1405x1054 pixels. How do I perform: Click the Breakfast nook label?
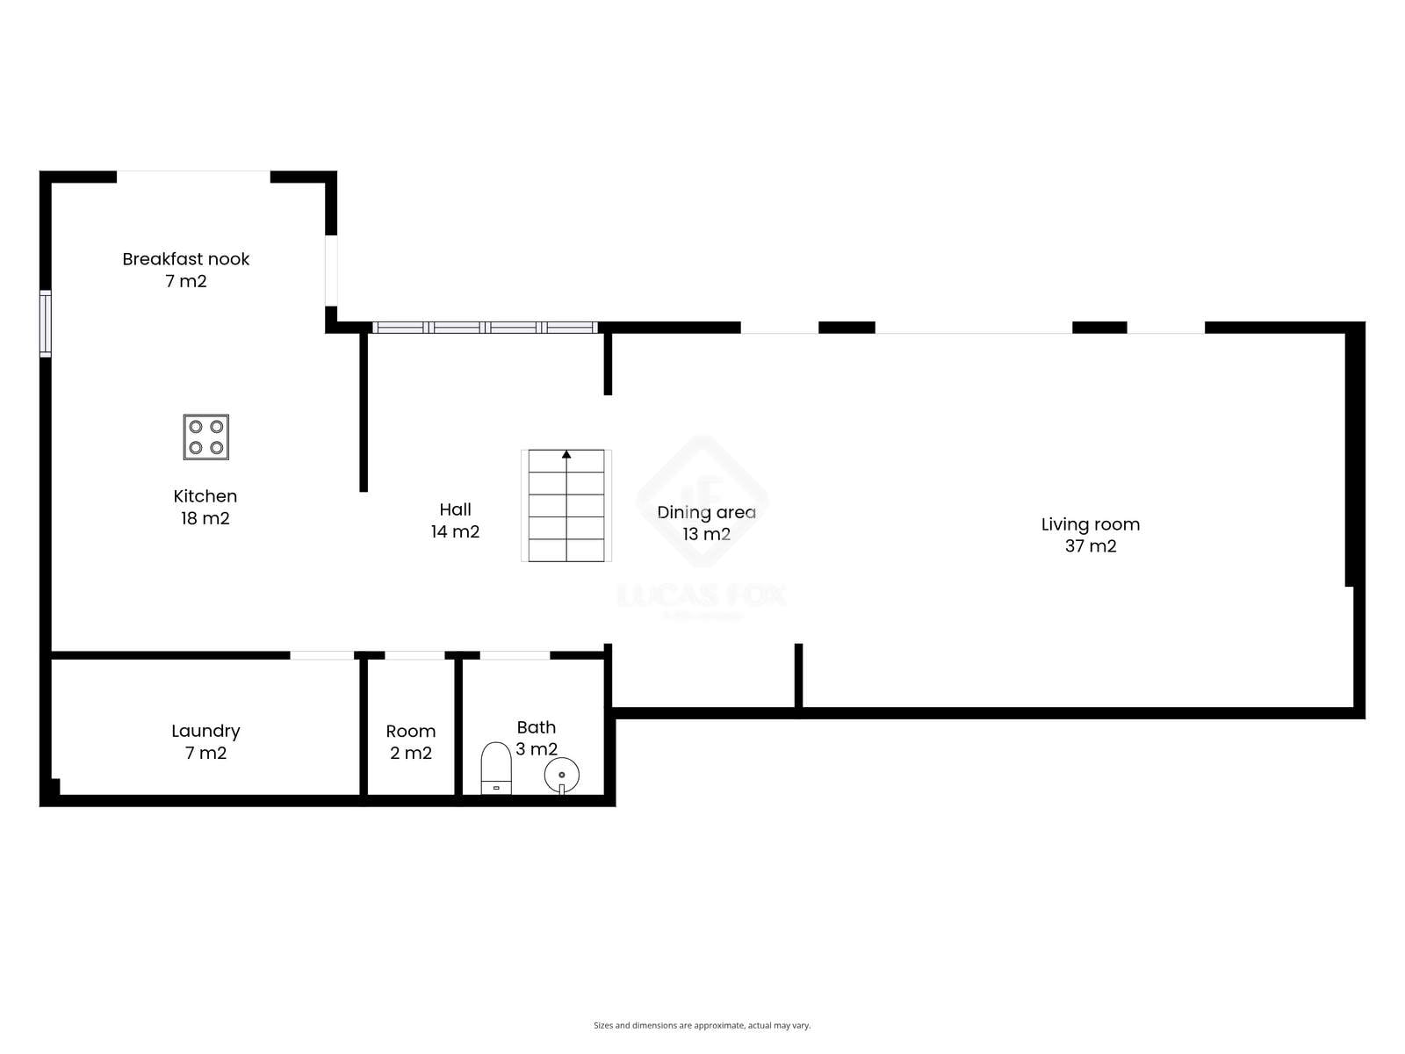coord(185,270)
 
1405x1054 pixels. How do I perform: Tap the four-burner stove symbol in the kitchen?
coord(206,437)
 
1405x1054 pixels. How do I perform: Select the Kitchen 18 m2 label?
coord(205,507)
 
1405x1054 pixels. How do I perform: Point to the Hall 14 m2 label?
coord(455,520)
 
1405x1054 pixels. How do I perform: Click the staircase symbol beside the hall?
coord(566,506)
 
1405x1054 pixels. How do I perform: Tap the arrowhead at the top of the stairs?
coord(566,454)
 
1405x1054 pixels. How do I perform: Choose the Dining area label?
coord(707,523)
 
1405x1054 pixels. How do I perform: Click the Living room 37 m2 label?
coord(1091,535)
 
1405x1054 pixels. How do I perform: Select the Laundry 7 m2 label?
coord(205,741)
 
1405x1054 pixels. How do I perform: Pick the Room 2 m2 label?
coord(411,741)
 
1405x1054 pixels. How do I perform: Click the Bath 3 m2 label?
coord(537,738)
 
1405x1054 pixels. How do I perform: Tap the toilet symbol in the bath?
coord(496,768)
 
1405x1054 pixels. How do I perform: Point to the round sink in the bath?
coord(562,775)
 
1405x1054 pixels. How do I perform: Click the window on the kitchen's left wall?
coord(46,323)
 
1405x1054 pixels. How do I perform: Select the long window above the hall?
coord(486,328)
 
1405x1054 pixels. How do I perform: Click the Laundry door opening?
coord(322,655)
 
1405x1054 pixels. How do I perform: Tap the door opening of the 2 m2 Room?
coord(414,655)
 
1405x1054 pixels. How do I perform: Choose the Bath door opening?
coord(515,655)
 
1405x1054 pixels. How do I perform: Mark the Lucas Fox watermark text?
coord(702,596)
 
